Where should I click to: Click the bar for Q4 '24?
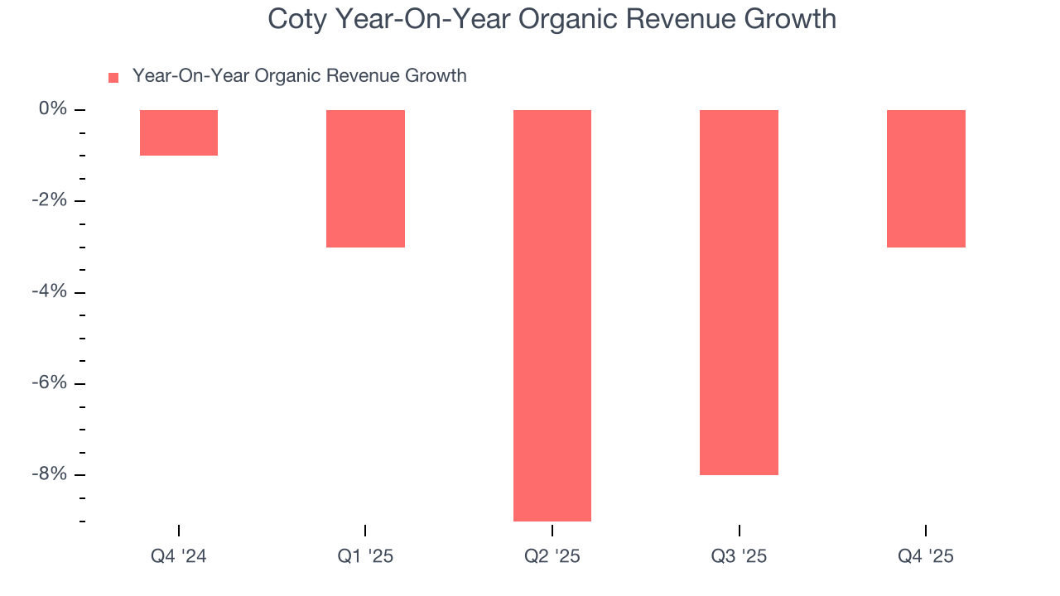point(179,132)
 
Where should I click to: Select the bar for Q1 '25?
point(365,178)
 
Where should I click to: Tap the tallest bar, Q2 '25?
point(552,315)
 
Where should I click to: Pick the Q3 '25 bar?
point(739,291)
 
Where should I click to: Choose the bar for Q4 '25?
point(926,178)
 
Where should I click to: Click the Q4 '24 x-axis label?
point(179,556)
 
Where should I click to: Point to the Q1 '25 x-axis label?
point(365,556)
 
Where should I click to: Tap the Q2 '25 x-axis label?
point(552,556)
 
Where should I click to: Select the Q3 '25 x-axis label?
point(739,556)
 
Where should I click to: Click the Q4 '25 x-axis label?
point(926,556)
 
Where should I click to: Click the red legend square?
point(113,78)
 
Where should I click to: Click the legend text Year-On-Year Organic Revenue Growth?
point(299,76)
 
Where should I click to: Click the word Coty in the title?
point(296,19)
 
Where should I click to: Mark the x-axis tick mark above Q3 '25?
point(739,531)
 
